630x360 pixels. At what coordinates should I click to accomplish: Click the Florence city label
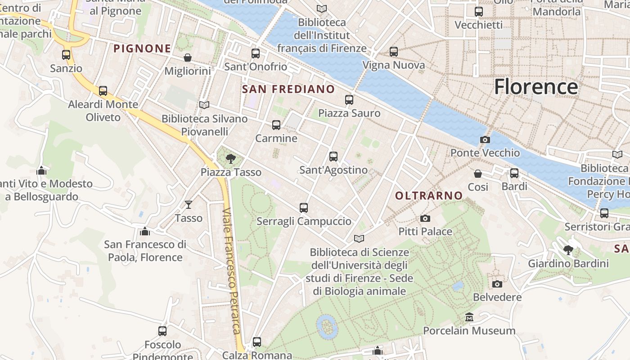536,86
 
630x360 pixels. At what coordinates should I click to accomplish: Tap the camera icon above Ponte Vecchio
485,139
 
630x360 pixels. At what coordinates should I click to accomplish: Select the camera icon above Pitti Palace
425,219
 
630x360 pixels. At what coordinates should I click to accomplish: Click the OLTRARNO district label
429,195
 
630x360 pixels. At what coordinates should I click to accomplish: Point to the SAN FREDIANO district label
288,89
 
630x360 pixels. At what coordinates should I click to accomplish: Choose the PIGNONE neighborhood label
142,49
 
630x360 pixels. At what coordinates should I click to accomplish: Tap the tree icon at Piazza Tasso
231,158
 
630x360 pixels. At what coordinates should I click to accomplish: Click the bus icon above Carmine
276,125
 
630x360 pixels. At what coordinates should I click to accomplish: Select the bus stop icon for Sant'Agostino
333,157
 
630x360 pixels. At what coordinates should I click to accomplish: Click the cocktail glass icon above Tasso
189,205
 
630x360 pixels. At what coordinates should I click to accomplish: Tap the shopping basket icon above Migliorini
188,58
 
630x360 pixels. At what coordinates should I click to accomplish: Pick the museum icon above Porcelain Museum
469,317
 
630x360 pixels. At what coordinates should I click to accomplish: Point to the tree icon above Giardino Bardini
568,250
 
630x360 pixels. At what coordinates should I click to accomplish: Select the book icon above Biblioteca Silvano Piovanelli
204,105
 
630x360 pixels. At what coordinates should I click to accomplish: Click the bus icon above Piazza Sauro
349,100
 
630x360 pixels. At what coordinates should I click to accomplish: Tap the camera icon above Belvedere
497,284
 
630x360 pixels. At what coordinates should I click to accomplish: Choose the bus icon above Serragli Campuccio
304,208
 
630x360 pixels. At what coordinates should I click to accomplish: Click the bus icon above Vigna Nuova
394,52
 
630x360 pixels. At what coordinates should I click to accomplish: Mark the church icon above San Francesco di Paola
144,231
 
